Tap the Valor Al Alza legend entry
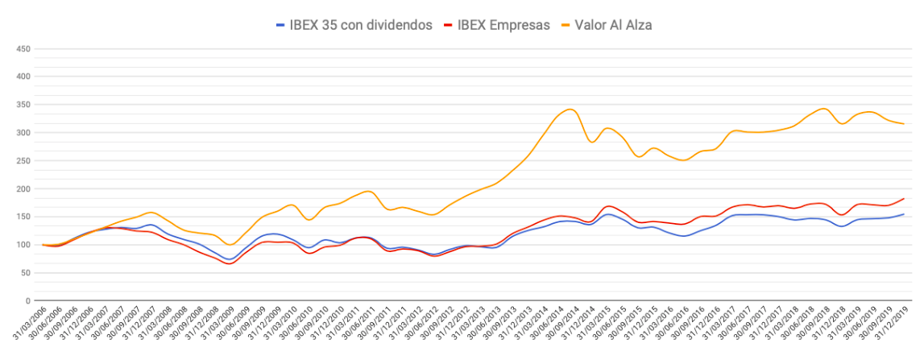[613, 25]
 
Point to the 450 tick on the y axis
[23, 49]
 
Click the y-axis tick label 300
[23, 133]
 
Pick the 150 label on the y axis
[23, 217]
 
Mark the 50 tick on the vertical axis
[25, 273]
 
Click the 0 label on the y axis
[27, 301]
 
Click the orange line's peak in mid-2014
[570, 109]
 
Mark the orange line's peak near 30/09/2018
[823, 108]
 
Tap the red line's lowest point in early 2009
[230, 263]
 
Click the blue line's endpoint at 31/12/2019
[904, 214]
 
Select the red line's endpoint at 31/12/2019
[904, 198]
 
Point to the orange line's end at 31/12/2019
[904, 123]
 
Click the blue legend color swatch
[280, 25]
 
